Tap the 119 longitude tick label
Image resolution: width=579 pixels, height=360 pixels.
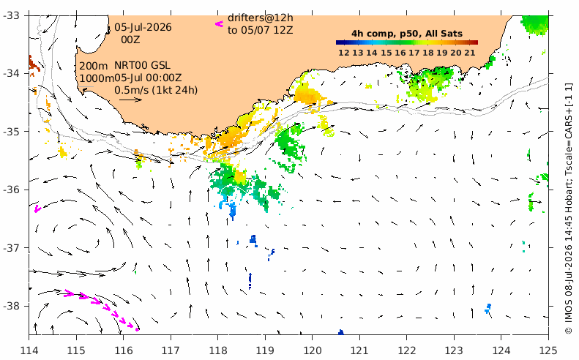265,350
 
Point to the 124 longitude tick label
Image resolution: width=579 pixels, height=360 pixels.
501,350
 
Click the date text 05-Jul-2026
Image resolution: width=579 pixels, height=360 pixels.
143,27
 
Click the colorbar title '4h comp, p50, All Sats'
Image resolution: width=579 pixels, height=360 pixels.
407,34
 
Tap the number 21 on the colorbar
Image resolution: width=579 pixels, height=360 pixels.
470,53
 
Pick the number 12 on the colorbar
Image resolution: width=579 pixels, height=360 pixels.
344,53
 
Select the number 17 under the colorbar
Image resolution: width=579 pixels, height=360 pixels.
414,53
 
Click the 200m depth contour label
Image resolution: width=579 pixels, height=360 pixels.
94,66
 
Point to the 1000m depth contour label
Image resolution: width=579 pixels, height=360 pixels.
97,78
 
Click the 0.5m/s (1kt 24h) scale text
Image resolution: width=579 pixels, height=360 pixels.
156,90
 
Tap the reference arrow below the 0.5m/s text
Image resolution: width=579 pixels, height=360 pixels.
130,100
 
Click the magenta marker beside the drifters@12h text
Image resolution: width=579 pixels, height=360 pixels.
220,24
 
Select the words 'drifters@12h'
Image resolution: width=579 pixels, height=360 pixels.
261,18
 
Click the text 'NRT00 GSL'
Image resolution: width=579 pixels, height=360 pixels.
142,65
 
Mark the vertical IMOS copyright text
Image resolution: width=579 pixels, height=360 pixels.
569,209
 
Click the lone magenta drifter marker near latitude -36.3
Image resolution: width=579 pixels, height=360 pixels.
37,209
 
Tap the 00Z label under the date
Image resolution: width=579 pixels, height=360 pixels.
131,39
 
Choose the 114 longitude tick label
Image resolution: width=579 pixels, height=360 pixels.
29,350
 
